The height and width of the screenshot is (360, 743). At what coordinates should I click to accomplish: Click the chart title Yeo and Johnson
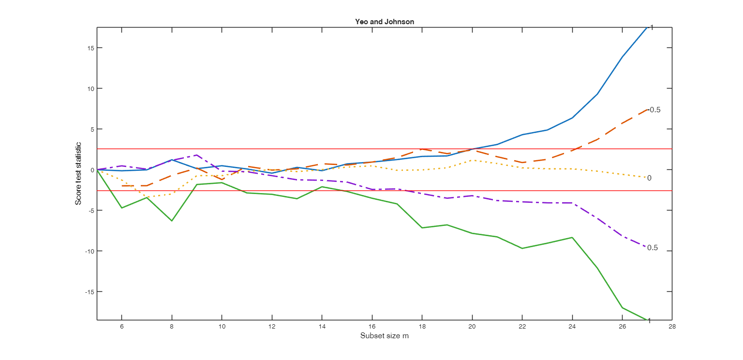point(384,21)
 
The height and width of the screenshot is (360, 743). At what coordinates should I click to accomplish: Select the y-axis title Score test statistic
point(78,173)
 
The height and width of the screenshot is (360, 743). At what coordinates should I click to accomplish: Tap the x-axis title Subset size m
point(384,335)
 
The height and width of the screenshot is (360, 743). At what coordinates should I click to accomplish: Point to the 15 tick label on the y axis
point(90,48)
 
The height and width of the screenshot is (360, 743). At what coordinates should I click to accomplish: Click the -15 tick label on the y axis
point(89,292)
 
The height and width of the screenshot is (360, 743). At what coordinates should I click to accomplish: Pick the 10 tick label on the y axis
point(90,89)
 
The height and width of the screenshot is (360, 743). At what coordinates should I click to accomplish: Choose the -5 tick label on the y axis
point(90,210)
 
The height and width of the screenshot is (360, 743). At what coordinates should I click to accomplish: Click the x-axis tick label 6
point(121,327)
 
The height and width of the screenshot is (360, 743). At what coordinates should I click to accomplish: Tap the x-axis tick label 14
point(322,327)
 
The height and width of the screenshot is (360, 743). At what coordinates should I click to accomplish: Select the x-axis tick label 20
point(472,327)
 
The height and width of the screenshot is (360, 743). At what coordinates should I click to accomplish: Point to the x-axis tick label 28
point(672,327)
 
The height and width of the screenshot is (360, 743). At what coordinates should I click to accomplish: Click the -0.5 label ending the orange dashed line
point(654,110)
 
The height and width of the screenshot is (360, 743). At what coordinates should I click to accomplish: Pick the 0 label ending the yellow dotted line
point(649,178)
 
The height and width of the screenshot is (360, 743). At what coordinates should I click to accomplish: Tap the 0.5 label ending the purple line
point(652,248)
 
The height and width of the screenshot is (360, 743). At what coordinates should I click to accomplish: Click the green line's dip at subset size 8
point(172,221)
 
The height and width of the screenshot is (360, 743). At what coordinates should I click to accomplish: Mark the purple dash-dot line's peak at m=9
point(196,155)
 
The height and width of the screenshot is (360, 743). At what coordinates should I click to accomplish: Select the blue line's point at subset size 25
point(597,94)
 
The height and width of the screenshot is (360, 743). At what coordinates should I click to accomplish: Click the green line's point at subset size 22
point(522,248)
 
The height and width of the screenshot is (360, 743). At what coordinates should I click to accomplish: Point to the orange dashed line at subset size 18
point(422,150)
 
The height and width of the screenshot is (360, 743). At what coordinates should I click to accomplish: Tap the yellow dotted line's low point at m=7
point(147,197)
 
